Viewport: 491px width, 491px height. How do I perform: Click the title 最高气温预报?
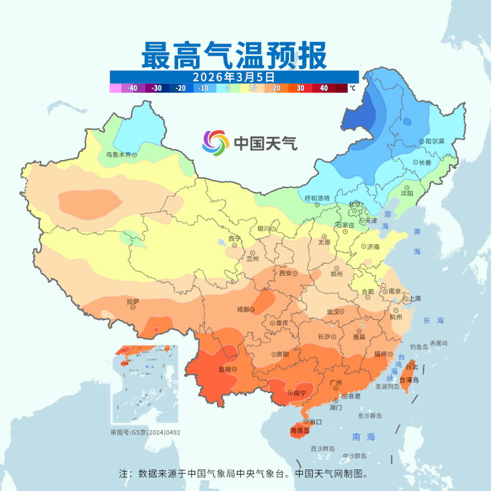click(234, 56)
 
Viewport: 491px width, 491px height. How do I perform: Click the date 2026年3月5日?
click(234, 77)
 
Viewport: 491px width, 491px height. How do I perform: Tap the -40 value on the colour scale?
click(132, 88)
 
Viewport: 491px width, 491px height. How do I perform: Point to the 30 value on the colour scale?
click(300, 88)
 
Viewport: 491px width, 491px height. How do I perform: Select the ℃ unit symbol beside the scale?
click(352, 88)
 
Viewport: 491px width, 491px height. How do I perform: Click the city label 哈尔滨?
click(435, 141)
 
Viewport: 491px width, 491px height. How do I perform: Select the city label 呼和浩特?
click(317, 198)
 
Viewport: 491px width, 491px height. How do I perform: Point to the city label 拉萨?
click(132, 302)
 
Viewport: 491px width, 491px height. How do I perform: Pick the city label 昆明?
click(225, 369)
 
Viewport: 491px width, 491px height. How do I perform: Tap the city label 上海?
click(414, 299)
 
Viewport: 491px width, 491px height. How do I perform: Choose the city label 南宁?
click(300, 393)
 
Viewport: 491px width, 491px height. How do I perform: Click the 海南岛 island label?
click(300, 431)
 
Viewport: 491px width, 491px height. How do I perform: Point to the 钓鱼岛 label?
click(418, 347)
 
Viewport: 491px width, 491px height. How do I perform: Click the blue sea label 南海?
click(364, 437)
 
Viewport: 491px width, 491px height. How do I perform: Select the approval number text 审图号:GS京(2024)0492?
click(145, 432)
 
